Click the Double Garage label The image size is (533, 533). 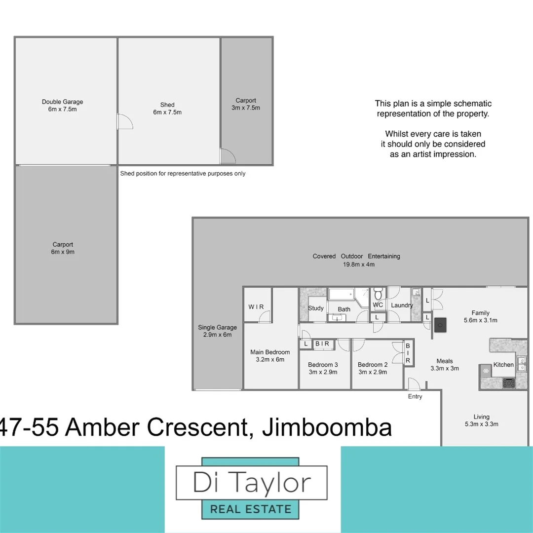click(x=62, y=105)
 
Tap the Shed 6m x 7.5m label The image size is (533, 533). click(x=167, y=108)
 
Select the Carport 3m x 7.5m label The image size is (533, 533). click(x=246, y=104)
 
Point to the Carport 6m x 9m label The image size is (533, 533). click(x=63, y=248)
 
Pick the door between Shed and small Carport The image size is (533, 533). click(x=228, y=156)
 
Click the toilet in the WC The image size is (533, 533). click(x=379, y=295)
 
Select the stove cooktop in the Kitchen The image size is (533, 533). click(x=508, y=382)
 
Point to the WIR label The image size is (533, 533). click(x=256, y=307)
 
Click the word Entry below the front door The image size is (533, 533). click(x=415, y=396)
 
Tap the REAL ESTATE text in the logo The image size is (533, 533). click(x=251, y=508)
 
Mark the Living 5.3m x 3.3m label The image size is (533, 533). click(x=481, y=420)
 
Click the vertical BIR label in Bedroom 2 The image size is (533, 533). click(x=408, y=353)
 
